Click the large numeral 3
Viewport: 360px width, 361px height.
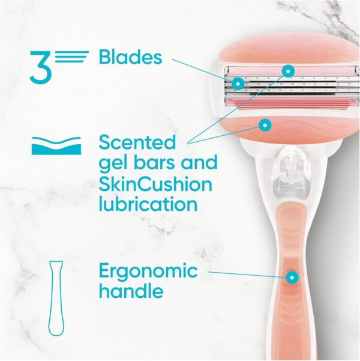tap(39, 66)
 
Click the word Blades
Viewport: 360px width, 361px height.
tap(130, 58)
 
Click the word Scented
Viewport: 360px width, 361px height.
tap(137, 143)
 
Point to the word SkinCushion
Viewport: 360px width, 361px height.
tap(155, 183)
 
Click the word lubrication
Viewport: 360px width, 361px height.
tap(148, 204)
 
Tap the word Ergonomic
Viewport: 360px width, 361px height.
tap(148, 272)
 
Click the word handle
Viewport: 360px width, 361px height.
tap(131, 292)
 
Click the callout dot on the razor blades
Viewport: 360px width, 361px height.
tap(239, 82)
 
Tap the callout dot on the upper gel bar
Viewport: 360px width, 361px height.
tap(289, 71)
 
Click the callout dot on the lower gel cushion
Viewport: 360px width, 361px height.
tap(264, 124)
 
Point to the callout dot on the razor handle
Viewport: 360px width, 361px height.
tap(292, 278)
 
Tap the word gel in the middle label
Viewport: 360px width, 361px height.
tap(112, 163)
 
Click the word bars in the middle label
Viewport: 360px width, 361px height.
tap(154, 163)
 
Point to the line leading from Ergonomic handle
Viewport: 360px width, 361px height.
tap(246, 275)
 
